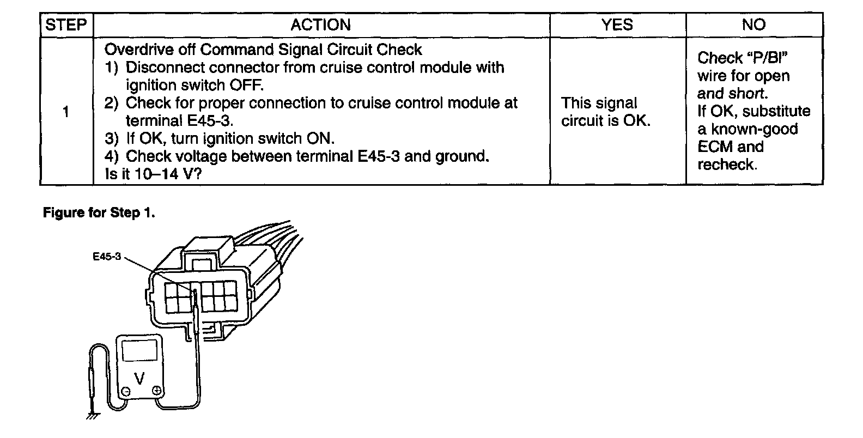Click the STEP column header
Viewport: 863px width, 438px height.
coord(66,25)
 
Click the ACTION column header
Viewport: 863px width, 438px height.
coord(320,25)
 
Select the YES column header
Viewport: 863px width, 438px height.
coord(617,25)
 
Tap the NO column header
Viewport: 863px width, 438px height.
coord(753,25)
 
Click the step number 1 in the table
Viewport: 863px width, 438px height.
coord(66,113)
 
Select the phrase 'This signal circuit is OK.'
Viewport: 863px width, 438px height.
coord(605,112)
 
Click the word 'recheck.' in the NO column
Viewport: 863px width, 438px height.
coord(727,165)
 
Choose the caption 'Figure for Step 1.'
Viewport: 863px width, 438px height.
coord(99,213)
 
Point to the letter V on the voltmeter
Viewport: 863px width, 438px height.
coord(139,378)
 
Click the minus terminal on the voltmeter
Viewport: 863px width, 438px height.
coord(125,391)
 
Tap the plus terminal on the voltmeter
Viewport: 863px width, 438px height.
coord(156,390)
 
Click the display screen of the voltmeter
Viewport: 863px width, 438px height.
coord(139,350)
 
